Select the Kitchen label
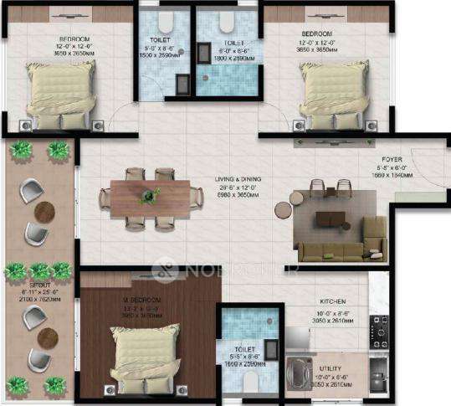(x=333, y=301)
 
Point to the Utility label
(x=330, y=367)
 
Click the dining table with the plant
(x=151, y=198)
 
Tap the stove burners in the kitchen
(x=378, y=332)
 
